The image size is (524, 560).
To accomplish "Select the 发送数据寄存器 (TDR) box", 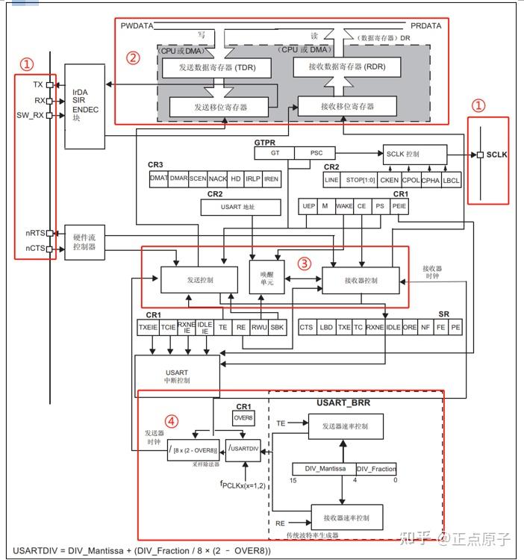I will pos(214,68).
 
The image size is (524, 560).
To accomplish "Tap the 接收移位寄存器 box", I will pos(347,107).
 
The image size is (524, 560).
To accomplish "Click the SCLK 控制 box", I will pos(414,154).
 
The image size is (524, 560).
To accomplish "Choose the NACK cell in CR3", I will pos(216,179).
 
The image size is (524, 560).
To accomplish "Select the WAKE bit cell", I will pos(344,206).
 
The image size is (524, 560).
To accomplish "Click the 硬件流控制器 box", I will pos(83,241).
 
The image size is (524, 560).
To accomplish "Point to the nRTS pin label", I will pos(34,234).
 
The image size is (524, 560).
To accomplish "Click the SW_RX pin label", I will pos(31,115).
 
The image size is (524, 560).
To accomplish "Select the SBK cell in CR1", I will pos(277,327).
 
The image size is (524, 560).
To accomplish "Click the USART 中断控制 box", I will pos(177,375).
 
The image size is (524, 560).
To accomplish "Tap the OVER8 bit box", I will pos(243,418).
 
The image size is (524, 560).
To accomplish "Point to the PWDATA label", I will pos(137,26).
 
